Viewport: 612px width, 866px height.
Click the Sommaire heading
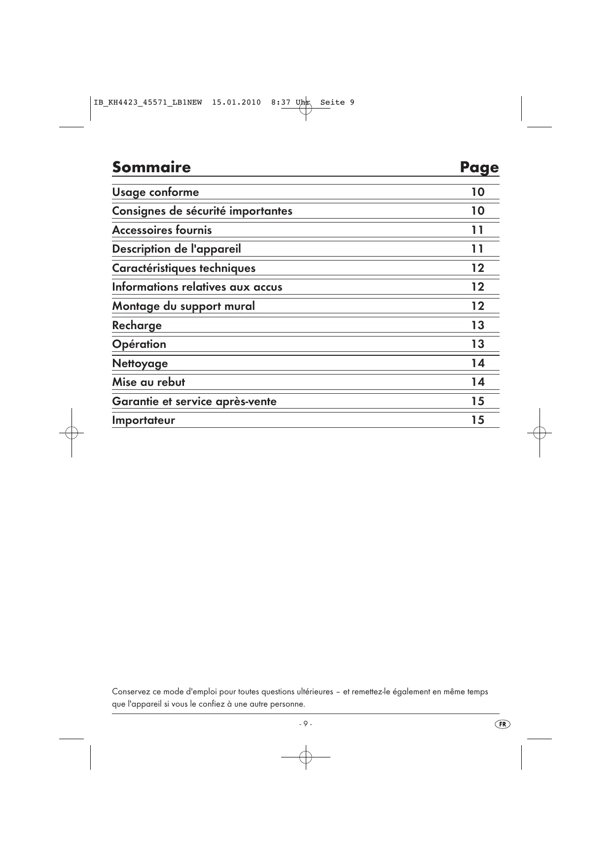[151, 167]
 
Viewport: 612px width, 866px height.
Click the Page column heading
[479, 168]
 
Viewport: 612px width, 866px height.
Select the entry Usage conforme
[155, 192]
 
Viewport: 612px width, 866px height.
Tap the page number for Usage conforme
[477, 192]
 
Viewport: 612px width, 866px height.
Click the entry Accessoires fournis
[162, 230]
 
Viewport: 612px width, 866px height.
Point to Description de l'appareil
[177, 249]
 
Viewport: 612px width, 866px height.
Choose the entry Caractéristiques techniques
[183, 268]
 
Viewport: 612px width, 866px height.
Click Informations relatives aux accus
[197, 287]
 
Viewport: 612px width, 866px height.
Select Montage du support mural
[183, 306]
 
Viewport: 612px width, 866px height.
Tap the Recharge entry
[137, 325]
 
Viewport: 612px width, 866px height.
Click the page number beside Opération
[477, 344]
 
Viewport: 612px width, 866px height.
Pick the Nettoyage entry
[140, 363]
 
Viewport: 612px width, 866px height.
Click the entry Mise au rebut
[148, 382]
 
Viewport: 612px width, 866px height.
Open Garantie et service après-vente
[194, 401]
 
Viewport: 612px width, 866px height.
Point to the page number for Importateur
[477, 420]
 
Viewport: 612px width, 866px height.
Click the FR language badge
[502, 724]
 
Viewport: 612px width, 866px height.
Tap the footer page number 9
[305, 724]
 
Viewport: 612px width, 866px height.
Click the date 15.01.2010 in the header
[236, 103]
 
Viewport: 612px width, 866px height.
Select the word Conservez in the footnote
[129, 692]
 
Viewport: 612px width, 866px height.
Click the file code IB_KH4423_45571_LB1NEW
[147, 103]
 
